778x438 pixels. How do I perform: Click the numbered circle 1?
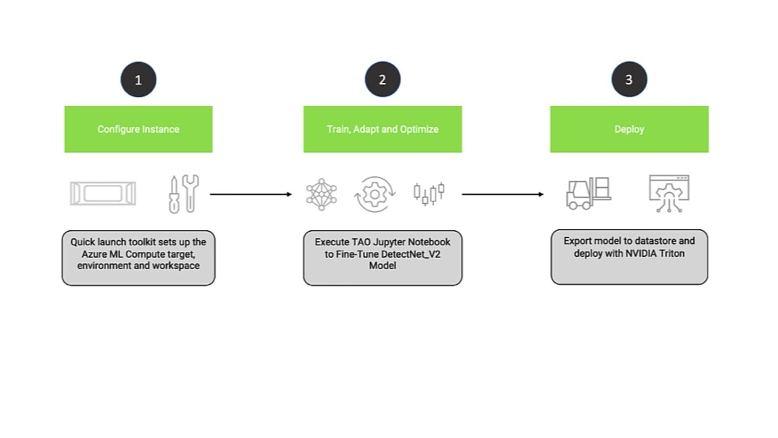point(139,80)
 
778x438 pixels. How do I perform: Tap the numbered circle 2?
point(382,80)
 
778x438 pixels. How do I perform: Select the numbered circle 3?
point(629,80)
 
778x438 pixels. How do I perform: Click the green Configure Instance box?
point(139,129)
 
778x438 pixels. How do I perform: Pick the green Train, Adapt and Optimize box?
point(382,129)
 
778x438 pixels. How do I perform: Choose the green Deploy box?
point(629,129)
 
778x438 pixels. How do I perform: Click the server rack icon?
point(103,194)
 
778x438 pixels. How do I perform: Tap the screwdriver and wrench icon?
point(184,194)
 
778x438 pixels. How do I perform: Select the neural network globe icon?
point(322,195)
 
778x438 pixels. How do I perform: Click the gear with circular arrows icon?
point(375,195)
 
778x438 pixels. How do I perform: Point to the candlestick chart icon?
point(429,193)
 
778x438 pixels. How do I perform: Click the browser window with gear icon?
point(669,193)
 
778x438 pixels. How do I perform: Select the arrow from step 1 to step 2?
point(250,195)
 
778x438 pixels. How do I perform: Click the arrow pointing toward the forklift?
point(502,195)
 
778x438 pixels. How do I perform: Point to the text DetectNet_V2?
point(411,254)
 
